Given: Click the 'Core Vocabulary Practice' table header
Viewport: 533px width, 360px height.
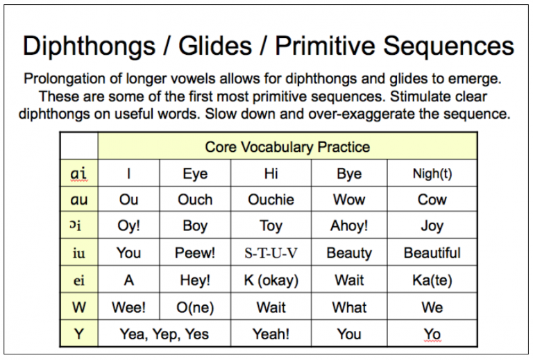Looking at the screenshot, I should pos(287,147).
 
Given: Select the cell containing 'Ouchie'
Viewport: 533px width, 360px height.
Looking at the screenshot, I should pos(271,200).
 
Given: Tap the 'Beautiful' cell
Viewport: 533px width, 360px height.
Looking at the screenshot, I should pos(432,253).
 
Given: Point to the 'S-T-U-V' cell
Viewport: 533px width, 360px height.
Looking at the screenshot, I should pos(271,253).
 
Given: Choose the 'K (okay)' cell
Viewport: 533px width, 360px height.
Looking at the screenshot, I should pos(271,280).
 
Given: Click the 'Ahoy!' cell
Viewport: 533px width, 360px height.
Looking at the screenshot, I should pos(348,226).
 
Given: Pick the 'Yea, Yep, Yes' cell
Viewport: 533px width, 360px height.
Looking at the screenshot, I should pos(164,334).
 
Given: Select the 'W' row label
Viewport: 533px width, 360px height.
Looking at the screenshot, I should pos(78,307).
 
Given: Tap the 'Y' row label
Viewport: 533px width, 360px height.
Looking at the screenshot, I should pos(78,334).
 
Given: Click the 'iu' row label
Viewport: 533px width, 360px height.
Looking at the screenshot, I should pos(78,253).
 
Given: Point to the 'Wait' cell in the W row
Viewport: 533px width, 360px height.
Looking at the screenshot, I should pos(271,307).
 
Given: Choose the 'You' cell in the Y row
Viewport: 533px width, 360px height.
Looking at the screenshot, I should pos(348,334).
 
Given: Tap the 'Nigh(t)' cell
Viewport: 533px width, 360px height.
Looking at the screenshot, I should pos(432,173).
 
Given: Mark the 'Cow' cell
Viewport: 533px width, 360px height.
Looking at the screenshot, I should pos(432,200).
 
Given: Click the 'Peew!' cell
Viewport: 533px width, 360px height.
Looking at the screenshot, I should pos(195,253).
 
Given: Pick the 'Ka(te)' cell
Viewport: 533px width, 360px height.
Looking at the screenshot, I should pos(432,280).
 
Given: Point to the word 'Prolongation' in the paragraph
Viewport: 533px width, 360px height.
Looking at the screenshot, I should pos(60,78).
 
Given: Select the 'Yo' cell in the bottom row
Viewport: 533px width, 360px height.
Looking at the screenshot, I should pos(432,334).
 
